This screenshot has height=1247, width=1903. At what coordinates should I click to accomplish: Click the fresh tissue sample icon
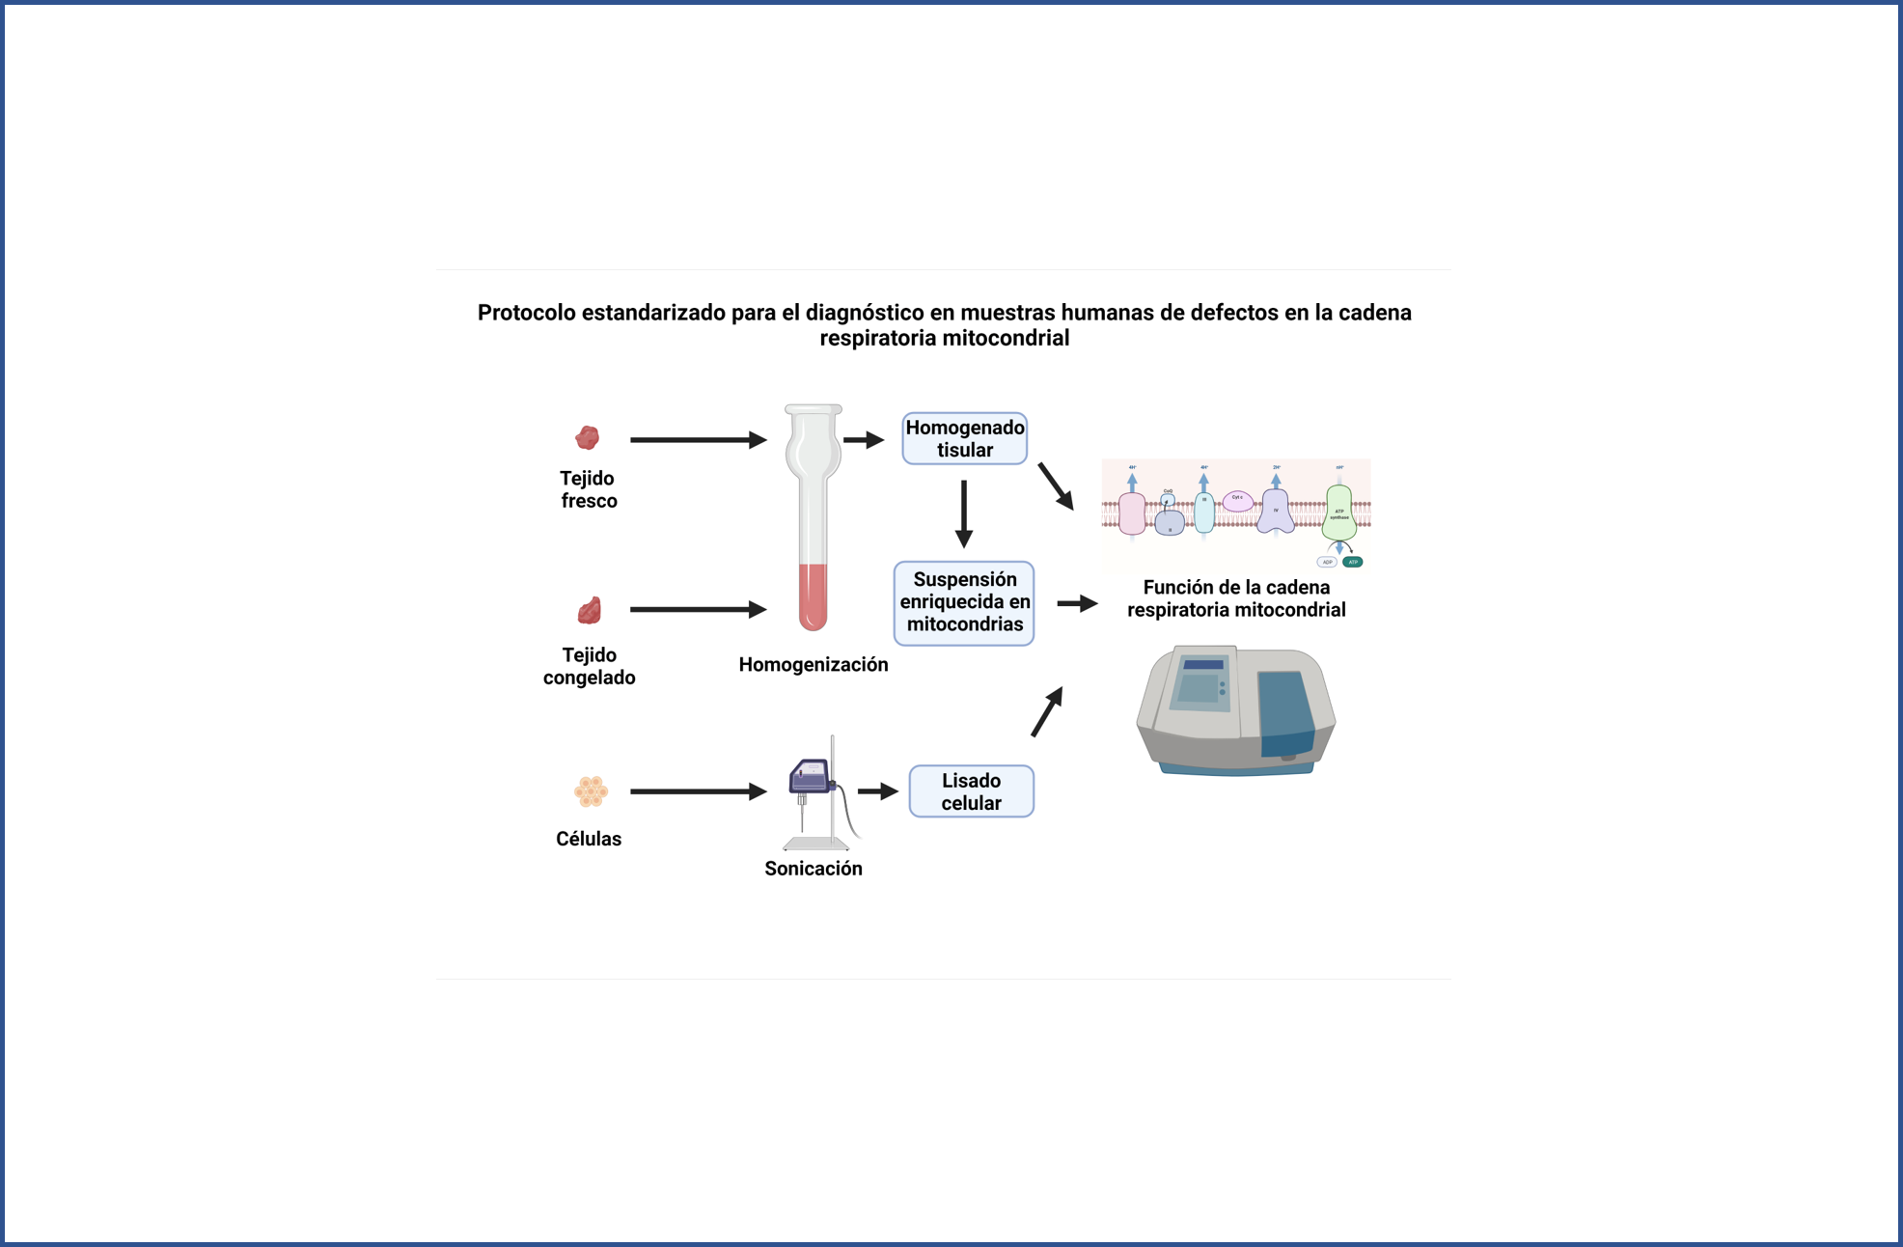point(587,438)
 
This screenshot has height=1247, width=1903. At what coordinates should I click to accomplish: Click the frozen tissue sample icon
point(589,611)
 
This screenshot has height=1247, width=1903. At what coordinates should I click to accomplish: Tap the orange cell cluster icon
point(591,791)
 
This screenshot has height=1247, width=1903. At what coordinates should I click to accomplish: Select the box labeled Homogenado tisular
point(964,439)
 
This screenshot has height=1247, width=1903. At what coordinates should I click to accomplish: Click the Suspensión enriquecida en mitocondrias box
point(964,602)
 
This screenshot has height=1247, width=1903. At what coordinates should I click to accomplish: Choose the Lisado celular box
point(971,791)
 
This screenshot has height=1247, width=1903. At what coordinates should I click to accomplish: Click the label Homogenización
point(813,664)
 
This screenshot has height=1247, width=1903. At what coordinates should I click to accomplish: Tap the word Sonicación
point(813,869)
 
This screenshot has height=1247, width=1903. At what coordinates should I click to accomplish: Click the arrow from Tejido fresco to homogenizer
point(697,440)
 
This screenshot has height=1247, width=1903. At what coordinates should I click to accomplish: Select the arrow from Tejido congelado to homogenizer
point(697,610)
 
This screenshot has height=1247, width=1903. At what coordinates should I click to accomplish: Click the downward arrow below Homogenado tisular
point(963,513)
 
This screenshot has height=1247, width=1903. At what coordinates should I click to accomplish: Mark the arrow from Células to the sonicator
point(697,791)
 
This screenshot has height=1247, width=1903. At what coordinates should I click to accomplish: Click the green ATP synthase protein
point(1338,512)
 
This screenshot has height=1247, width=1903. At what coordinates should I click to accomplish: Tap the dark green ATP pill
point(1353,562)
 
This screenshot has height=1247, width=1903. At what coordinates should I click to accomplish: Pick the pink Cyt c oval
point(1237,499)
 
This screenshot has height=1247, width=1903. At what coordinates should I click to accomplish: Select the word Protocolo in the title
point(526,313)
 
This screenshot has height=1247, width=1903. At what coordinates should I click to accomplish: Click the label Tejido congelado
point(589,666)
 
